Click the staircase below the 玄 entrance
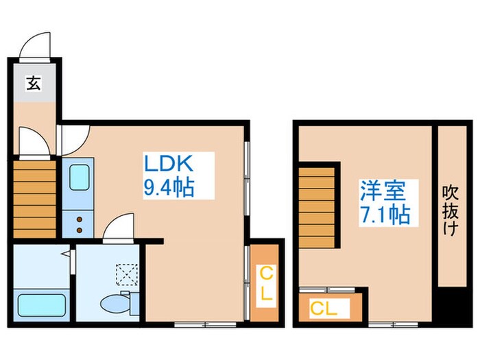(34, 199)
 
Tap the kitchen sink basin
(80, 178)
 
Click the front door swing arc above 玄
(36, 47)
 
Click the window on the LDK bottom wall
(191, 322)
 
